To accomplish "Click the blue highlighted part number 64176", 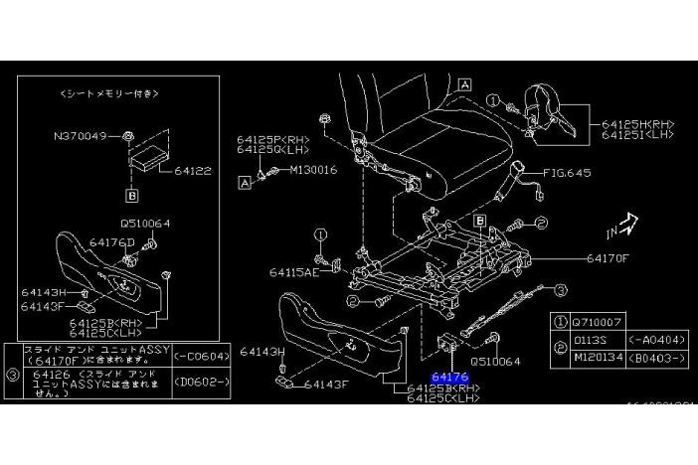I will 450,378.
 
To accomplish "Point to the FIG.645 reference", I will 568,173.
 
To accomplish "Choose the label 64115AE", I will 293,270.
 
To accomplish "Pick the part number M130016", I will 314,170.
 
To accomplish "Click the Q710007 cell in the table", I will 596,322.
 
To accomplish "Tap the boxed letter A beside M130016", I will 245,182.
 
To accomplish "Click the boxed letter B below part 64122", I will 129,197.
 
